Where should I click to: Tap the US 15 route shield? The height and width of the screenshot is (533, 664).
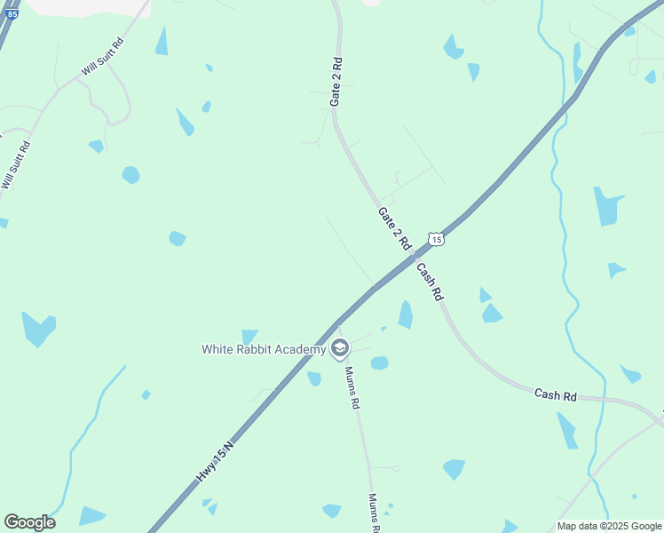pos(435,239)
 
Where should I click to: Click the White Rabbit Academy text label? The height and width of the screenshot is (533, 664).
pos(265,349)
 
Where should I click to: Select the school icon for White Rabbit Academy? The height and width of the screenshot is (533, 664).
pos(339,348)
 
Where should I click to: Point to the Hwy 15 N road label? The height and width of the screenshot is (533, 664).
pos(216,462)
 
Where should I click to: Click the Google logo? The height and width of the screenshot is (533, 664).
pos(29,522)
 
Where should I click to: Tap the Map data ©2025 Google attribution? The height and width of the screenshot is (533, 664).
pos(609,526)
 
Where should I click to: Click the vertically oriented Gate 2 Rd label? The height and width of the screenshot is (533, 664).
pos(336,83)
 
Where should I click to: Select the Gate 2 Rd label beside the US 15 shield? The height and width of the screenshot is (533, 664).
pos(394,227)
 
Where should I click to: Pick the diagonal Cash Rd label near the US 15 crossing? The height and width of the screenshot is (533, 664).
pos(429,282)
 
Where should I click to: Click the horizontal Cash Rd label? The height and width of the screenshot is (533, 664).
pos(556,394)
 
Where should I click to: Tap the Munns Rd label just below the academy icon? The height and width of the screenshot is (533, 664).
pos(352,387)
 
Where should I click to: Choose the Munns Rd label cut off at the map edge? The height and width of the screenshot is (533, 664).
pos(375,513)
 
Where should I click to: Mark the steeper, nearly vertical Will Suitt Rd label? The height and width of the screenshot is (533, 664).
pos(16,165)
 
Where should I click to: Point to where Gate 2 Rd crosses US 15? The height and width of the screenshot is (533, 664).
pos(414,257)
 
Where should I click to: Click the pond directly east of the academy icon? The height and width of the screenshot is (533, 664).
pos(379,362)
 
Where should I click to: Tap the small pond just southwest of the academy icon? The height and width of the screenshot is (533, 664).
pos(314,378)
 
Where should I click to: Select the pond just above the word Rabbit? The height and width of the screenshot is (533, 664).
pos(249,336)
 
